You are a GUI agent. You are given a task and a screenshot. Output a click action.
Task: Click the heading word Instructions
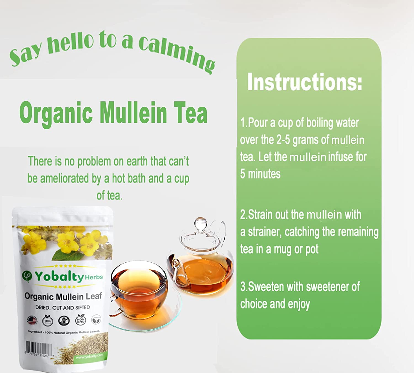coord(304,82)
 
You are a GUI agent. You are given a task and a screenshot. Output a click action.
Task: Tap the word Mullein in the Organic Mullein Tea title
coord(133,113)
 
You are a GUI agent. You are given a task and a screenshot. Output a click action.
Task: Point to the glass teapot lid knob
coord(200,222)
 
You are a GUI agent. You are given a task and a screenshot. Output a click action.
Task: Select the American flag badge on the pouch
coord(33,321)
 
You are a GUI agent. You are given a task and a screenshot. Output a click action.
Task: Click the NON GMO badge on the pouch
coord(80,321)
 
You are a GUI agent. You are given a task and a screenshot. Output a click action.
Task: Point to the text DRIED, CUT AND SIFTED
coord(63,308)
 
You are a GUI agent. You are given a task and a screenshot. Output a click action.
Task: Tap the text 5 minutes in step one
coord(260,174)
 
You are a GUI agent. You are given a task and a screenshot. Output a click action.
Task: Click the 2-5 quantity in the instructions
coord(283,140)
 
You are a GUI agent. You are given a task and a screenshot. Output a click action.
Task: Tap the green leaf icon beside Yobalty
coord(27,276)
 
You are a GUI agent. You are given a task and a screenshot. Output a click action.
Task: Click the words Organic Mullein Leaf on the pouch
coord(63,297)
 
